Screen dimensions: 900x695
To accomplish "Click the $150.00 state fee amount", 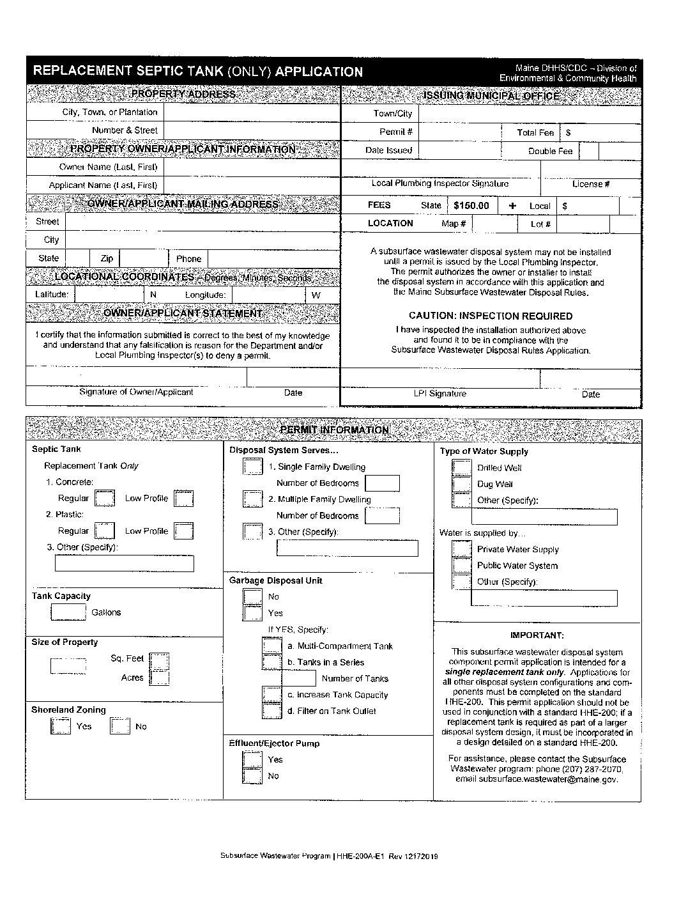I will [471, 206].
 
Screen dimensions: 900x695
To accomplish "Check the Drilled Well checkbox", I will [461, 468].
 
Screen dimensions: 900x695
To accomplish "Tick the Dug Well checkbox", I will [461, 484].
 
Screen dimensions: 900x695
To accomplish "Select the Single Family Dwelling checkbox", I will [252, 467].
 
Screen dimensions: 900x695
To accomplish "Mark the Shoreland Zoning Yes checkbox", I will [60, 726].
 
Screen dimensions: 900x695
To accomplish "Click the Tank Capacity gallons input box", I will [68, 612].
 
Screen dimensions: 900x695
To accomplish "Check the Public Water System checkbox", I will [461, 565].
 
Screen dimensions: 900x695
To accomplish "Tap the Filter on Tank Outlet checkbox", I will [272, 711].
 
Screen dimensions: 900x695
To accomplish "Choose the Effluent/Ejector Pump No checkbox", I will [252, 775].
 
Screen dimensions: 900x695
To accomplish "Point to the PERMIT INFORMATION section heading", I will [334, 430].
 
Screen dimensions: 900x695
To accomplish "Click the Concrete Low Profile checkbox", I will [184, 499].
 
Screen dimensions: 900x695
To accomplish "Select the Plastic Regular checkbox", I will [104, 531].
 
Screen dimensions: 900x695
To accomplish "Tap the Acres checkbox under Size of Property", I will [160, 678].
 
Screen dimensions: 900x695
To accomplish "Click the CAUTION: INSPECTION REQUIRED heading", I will [491, 316].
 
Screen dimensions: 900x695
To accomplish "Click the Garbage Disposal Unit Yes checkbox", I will [252, 613].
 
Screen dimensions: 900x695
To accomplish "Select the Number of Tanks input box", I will [299, 678].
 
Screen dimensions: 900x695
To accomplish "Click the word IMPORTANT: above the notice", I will [537, 635].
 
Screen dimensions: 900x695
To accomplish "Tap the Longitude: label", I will [205, 295].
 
